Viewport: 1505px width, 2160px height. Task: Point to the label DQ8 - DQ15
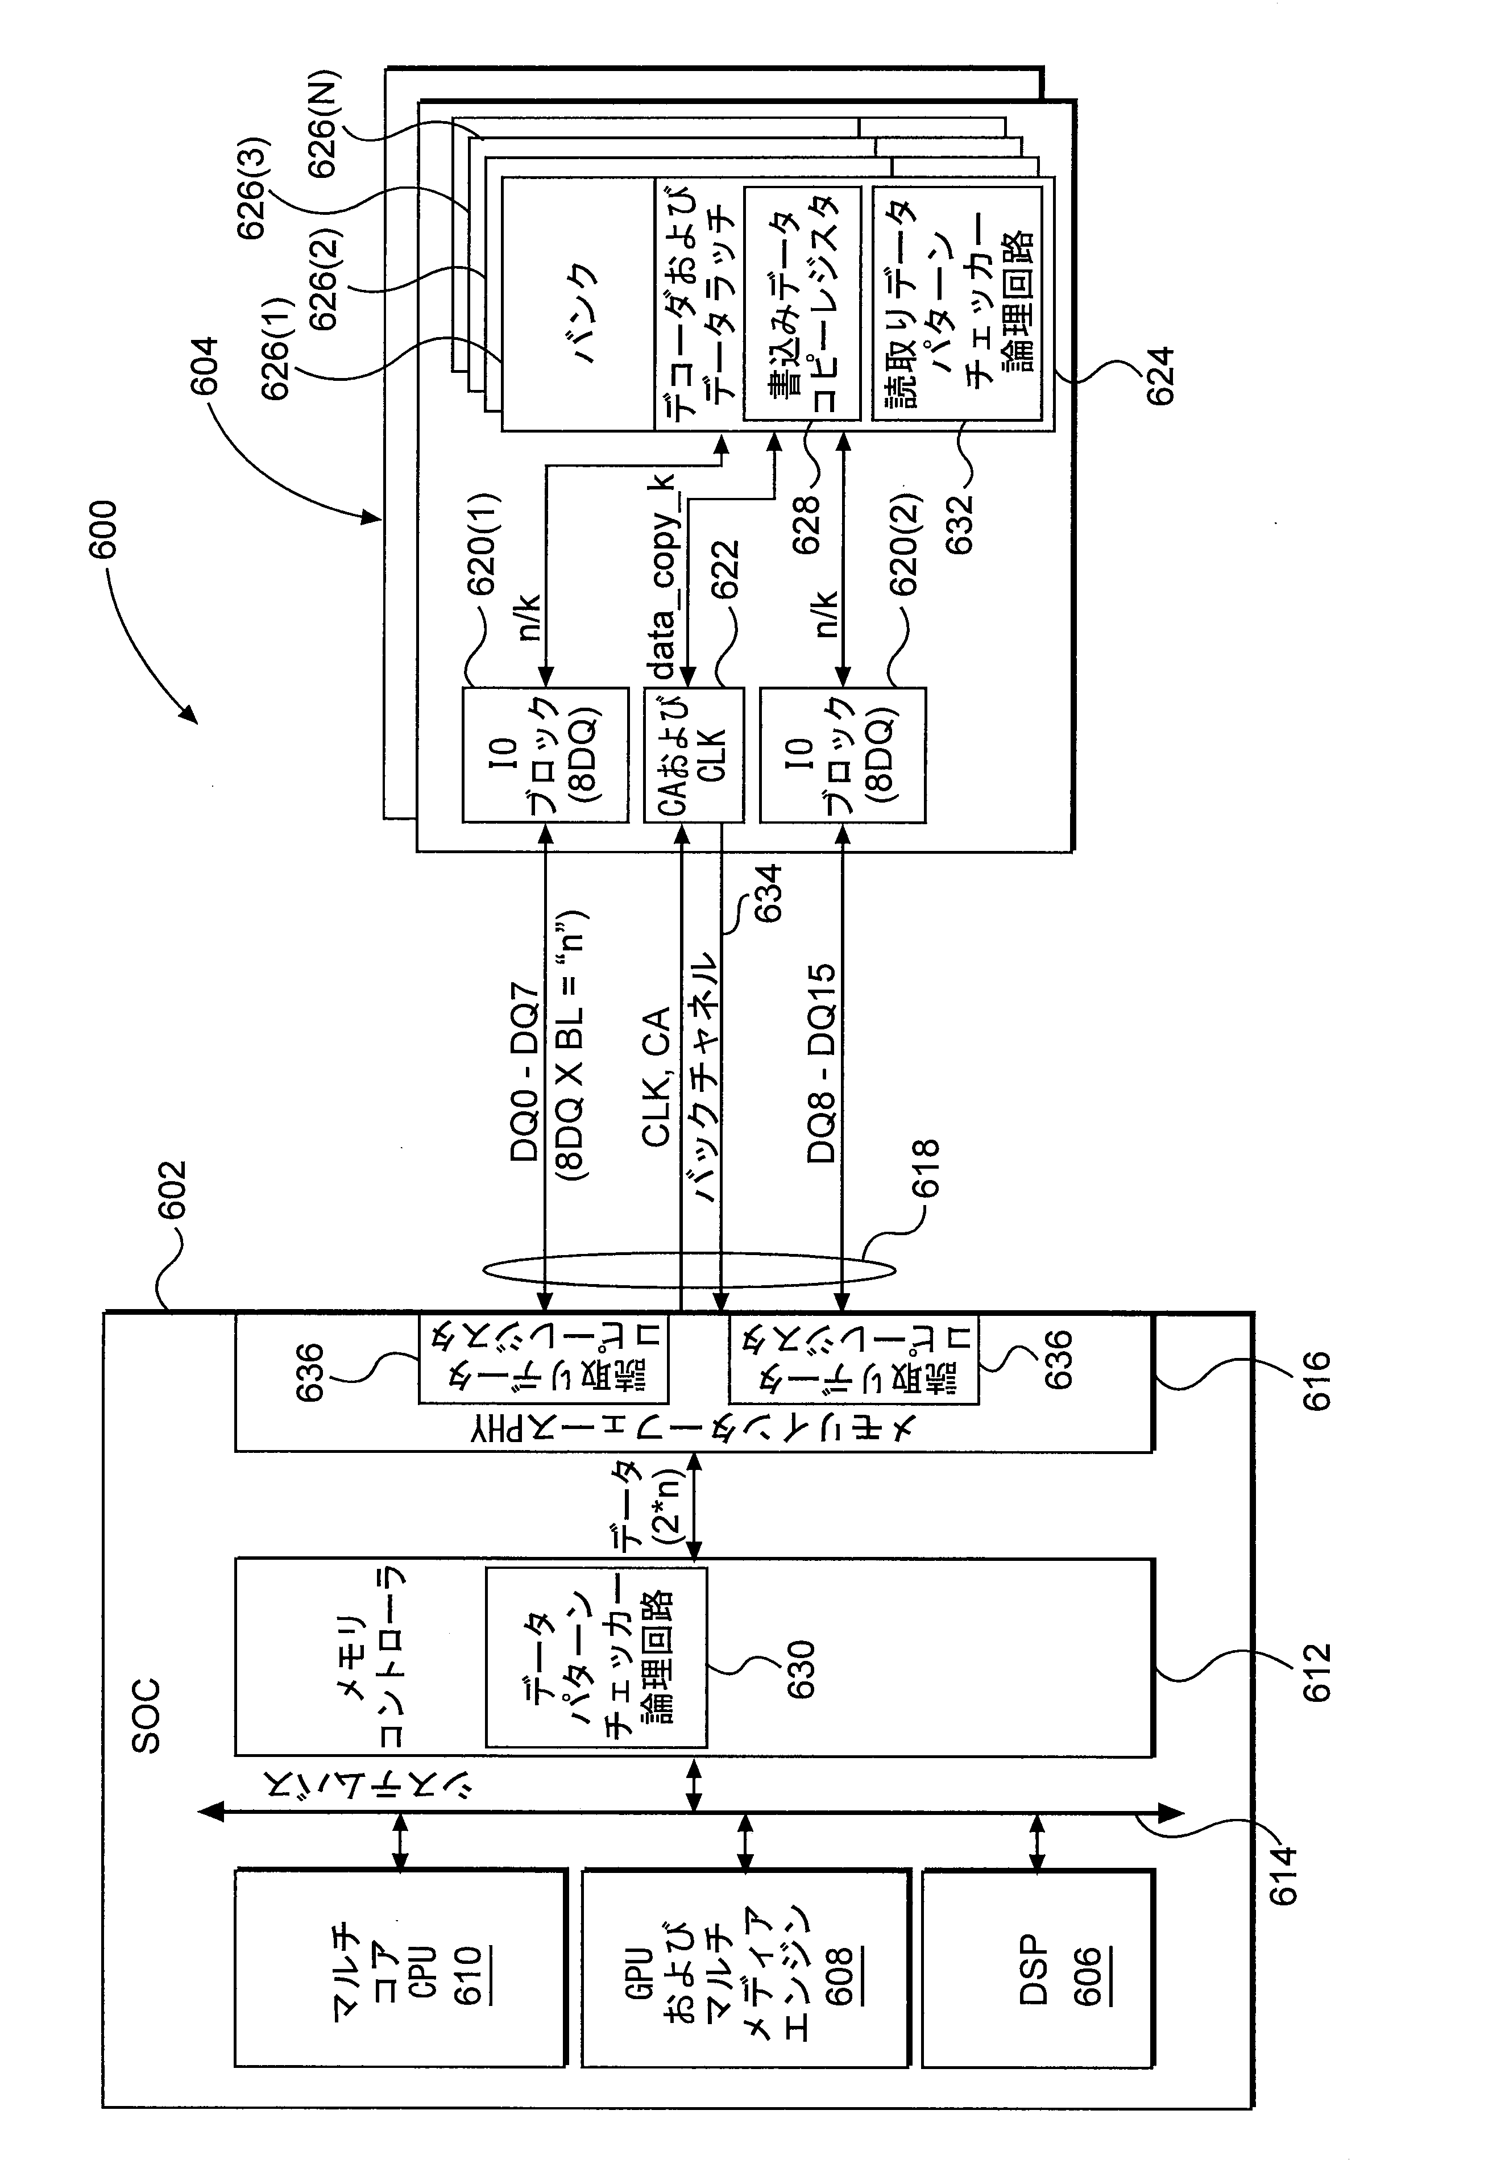pos(821,1062)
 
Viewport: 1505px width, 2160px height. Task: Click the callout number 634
pos(767,893)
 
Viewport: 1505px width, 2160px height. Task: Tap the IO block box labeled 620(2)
pos(843,754)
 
